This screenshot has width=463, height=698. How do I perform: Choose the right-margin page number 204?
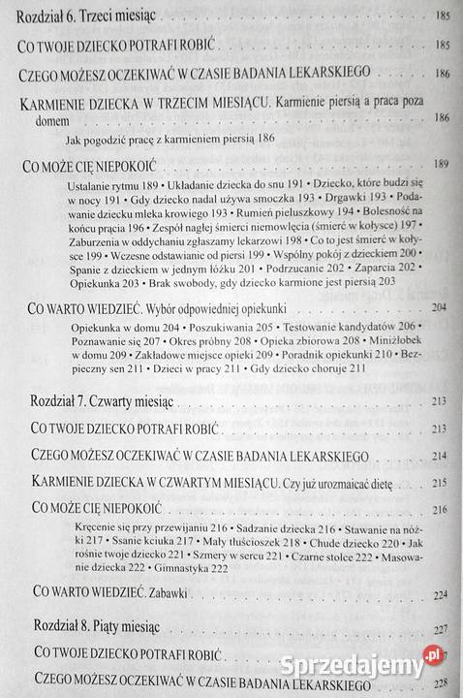tap(446, 307)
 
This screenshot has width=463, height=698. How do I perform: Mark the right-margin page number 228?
tap(446, 682)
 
